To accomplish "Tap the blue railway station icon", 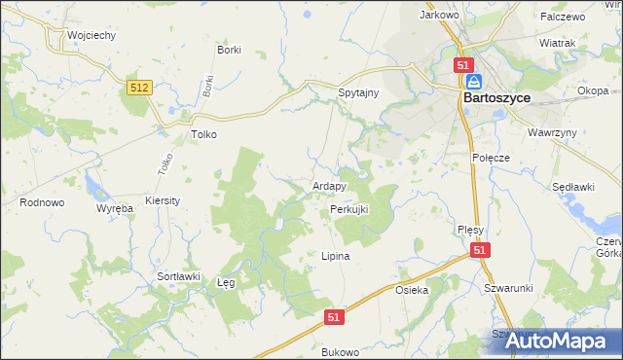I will tap(472, 82).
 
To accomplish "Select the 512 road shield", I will tap(139, 88).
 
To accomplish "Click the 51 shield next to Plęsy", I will tap(480, 250).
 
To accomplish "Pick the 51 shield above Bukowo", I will tap(334, 317).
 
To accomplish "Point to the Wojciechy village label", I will tap(92, 35).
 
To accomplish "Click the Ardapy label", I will tap(329, 186).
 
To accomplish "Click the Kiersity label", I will tap(163, 199).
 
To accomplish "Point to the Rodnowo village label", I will tap(42, 202).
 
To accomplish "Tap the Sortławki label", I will tap(178, 276).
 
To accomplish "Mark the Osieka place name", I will tap(412, 290).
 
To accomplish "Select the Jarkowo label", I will tap(438, 15).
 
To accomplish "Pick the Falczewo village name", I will tap(564, 17).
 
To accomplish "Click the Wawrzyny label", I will tap(552, 131).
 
